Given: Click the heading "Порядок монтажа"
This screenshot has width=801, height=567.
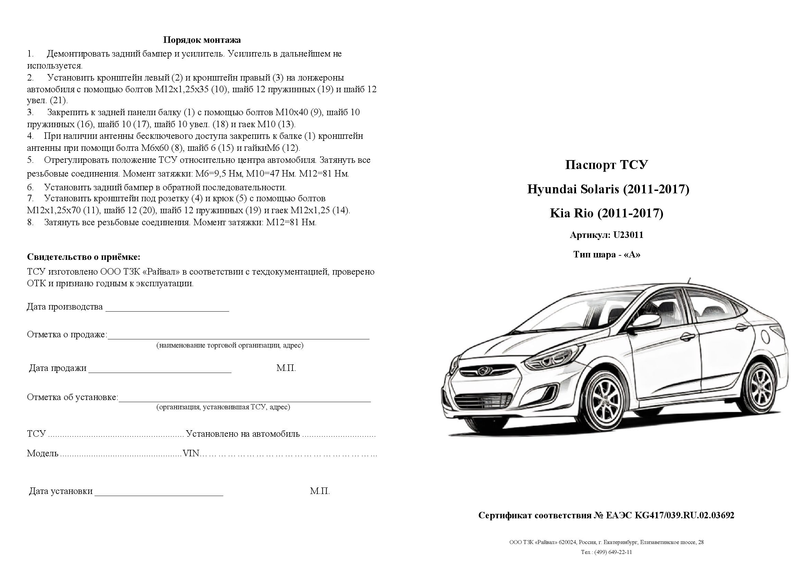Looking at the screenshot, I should pos(202,40).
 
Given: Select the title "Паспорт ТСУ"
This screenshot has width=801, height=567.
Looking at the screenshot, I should pos(606,165).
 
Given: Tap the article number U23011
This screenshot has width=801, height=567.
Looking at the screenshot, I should pos(628,235).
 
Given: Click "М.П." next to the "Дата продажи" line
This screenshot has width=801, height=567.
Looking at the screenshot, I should pos(286,368).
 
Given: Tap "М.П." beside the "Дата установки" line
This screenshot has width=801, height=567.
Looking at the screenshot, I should pos(320,492).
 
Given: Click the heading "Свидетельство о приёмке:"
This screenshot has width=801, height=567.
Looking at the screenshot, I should pos(84,257).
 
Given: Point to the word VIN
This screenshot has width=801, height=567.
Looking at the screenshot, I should pos(191,454).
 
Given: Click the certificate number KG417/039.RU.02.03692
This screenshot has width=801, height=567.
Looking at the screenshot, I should pos(684,515).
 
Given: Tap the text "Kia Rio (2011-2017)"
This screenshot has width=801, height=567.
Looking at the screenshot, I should pos(606,213).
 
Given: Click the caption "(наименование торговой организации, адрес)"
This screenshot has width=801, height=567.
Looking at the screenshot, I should pos(229,345).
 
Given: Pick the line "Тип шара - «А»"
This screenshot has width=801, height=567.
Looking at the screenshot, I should pos(606,254).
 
